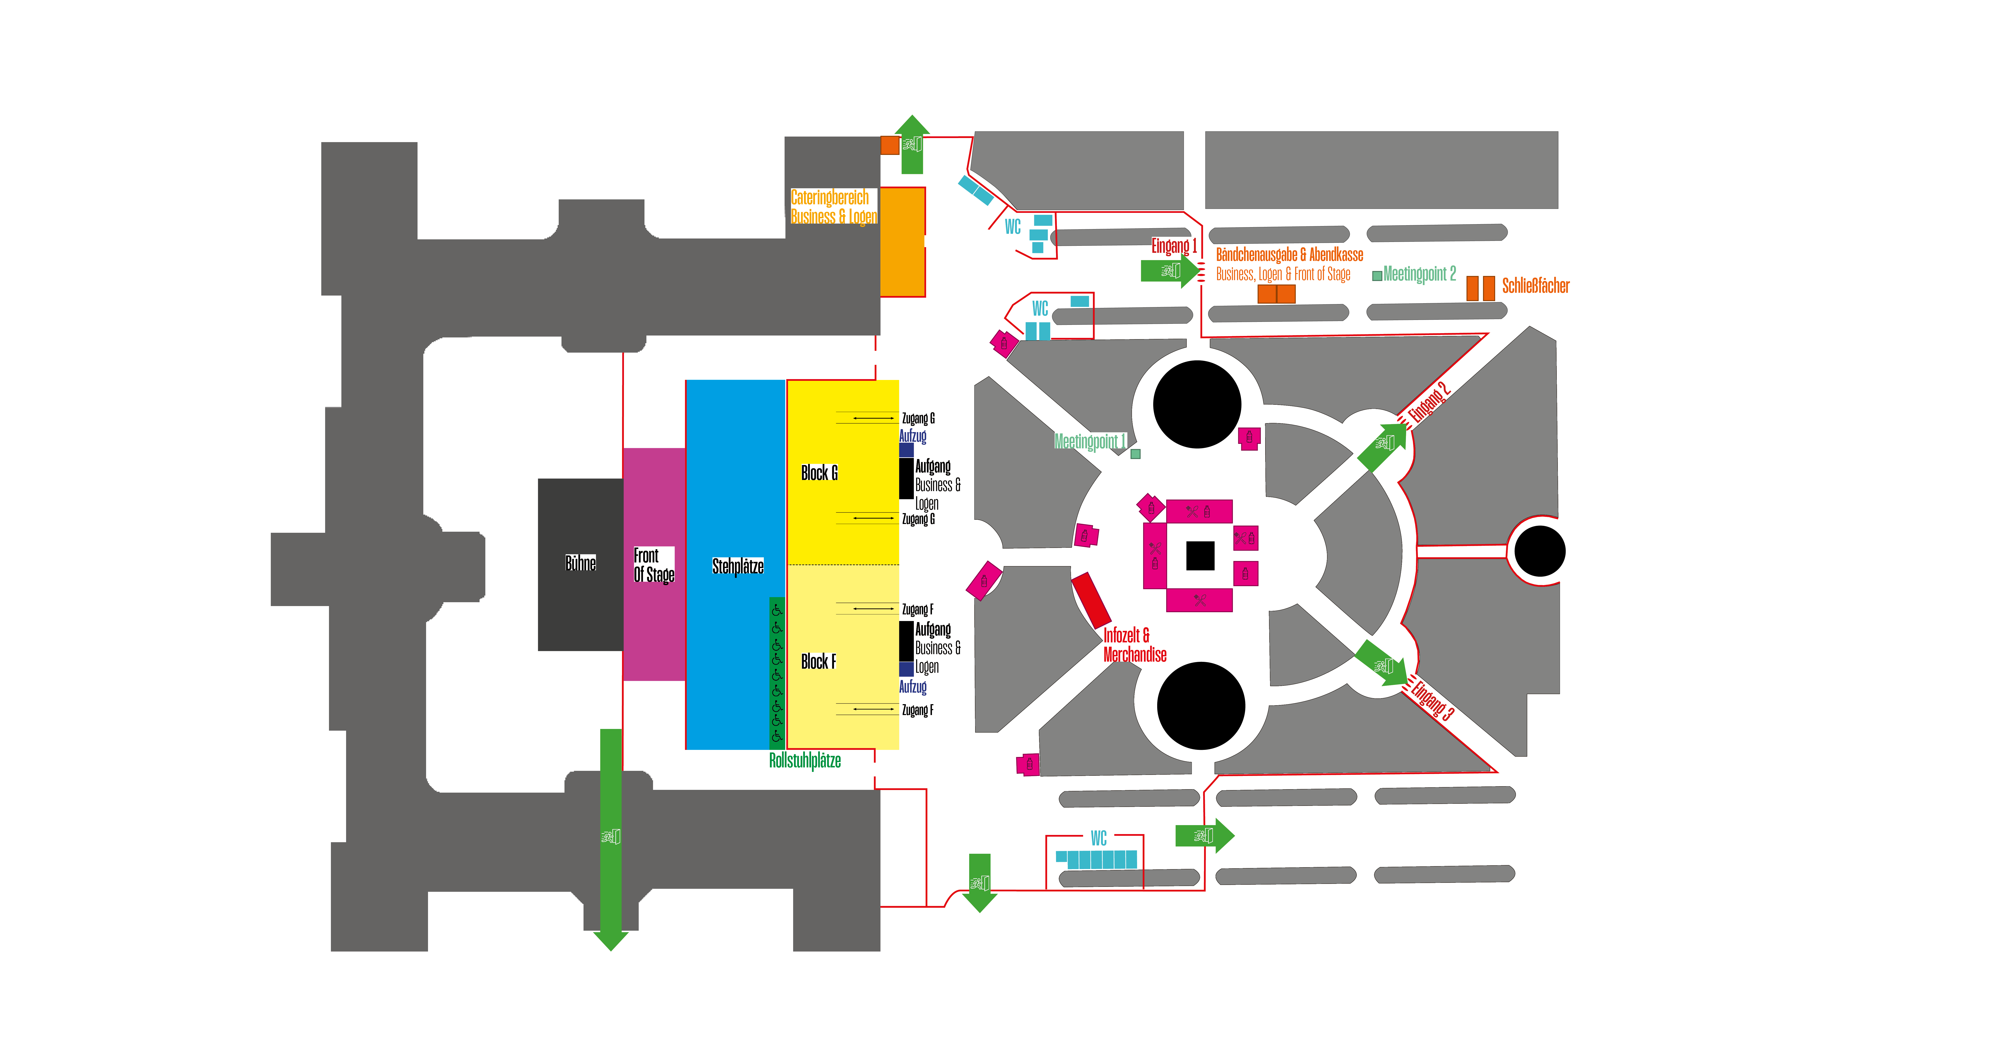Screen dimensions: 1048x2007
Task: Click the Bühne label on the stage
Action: (581, 563)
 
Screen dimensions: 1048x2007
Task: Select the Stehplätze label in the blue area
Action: (737, 566)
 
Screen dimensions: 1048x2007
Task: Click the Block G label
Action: (819, 473)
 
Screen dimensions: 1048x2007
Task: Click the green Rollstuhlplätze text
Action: (805, 761)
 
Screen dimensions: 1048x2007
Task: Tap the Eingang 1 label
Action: (1173, 246)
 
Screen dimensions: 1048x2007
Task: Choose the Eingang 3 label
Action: (1432, 700)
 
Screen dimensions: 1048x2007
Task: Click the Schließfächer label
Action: (1535, 286)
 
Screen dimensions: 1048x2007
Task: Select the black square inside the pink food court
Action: (1200, 555)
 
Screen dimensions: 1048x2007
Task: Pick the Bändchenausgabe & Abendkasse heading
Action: (1289, 255)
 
